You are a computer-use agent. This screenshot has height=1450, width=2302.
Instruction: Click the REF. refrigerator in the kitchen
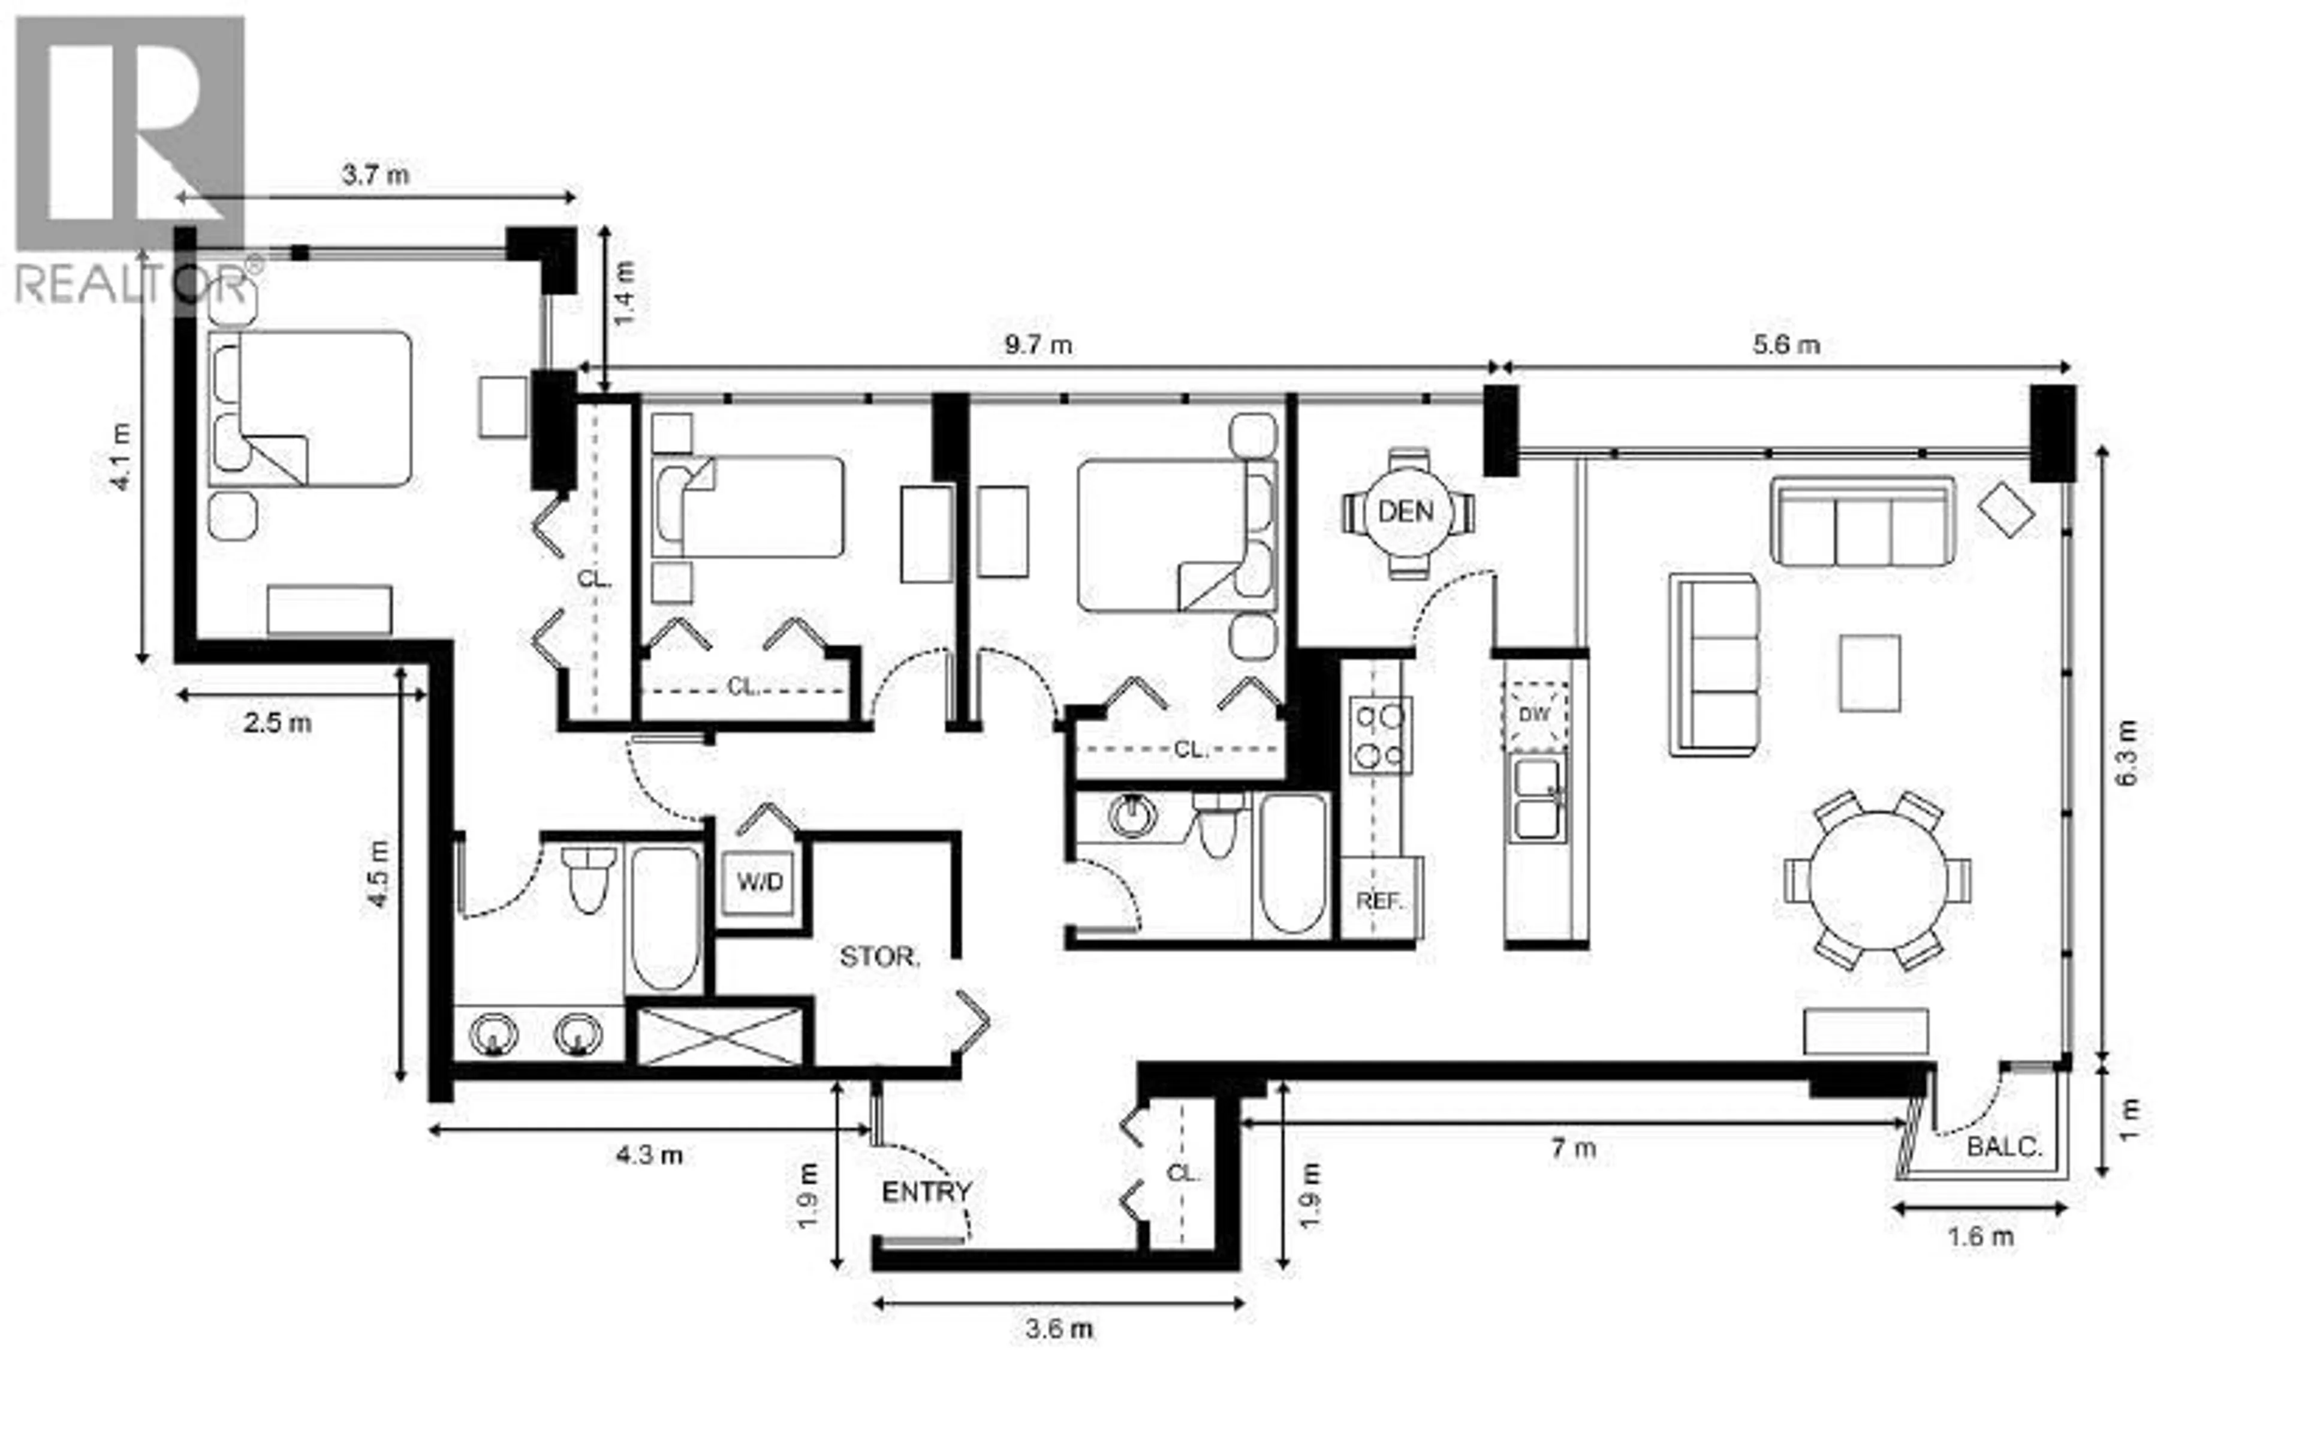click(x=1379, y=900)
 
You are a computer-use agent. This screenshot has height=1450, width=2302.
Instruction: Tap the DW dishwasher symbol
click(x=1534, y=714)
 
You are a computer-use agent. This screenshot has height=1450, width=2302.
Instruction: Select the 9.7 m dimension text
click(x=1038, y=345)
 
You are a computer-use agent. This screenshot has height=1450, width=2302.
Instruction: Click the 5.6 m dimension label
click(x=1786, y=345)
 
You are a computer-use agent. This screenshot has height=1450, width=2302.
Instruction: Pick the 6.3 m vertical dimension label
click(x=2126, y=752)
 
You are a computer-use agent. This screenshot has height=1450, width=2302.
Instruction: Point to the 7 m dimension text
click(x=1572, y=1148)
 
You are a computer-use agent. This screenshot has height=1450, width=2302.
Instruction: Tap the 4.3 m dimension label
click(x=649, y=1156)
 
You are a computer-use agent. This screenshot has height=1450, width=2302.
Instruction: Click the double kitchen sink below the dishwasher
click(x=1537, y=799)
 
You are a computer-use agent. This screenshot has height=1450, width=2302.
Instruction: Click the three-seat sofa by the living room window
click(x=1862, y=522)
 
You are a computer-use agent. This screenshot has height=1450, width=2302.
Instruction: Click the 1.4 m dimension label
click(x=624, y=294)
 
